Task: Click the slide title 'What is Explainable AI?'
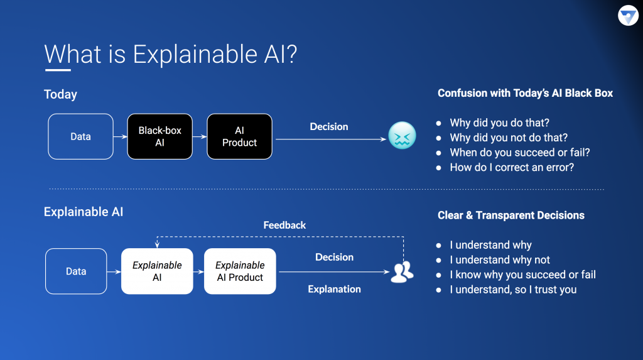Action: point(170,55)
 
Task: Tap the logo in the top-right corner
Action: point(627,16)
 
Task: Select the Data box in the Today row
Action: point(80,136)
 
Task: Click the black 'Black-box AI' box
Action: point(159,136)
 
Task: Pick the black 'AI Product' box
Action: point(239,136)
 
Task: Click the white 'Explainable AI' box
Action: point(157,271)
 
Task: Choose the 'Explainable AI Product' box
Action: point(240,271)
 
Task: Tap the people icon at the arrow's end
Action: point(402,271)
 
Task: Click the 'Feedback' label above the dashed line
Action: point(284,225)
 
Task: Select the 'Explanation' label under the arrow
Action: point(334,289)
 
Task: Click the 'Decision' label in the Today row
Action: point(328,127)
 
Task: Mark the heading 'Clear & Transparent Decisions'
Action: point(511,215)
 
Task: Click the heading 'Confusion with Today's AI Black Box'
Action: point(525,94)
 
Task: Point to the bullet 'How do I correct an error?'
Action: point(512,168)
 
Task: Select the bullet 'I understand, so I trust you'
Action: point(513,290)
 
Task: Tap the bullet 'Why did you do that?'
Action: point(499,123)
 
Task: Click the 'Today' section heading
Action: point(60,95)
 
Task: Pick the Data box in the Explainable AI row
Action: point(76,271)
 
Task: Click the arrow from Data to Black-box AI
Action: point(120,136)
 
